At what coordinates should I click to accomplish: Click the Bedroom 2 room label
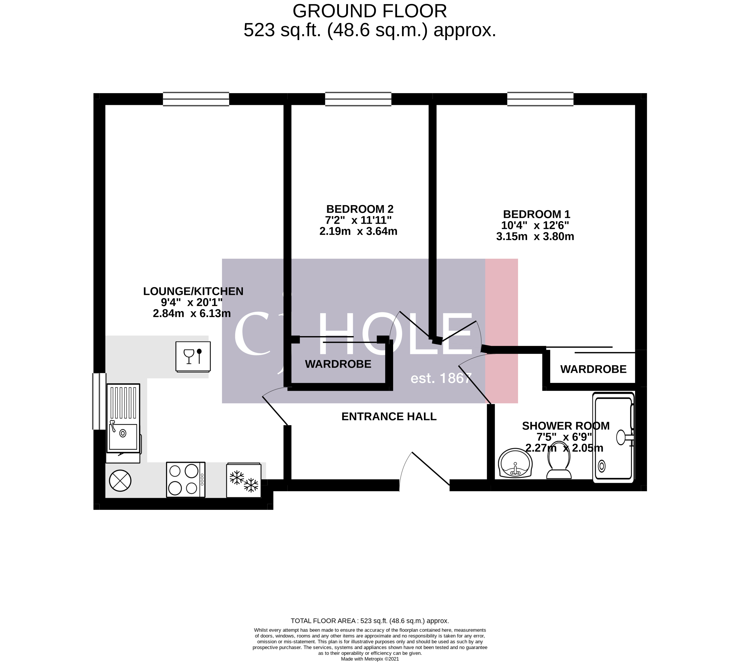[x=359, y=209]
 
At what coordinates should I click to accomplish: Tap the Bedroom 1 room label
[x=536, y=214]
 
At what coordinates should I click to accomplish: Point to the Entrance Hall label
[x=389, y=416]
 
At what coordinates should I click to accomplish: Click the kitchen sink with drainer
[x=123, y=418]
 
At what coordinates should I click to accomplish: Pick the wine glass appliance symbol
[x=193, y=357]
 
